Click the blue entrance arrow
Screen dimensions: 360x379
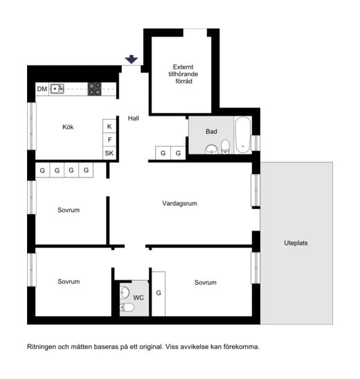point(132,59)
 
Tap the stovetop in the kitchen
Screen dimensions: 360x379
point(94,89)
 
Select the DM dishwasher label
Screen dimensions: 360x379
point(42,89)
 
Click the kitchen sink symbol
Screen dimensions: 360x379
point(57,89)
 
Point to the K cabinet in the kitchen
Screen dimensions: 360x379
point(109,126)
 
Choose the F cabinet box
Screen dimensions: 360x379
point(109,140)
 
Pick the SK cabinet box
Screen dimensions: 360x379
point(109,153)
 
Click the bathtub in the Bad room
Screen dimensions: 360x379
point(243,135)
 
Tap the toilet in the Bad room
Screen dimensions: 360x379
point(225,146)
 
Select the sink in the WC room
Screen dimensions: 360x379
point(125,292)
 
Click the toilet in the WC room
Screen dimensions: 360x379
point(127,308)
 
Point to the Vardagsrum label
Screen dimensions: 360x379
point(179,203)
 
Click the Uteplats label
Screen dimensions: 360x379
point(296,243)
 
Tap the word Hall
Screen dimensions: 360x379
point(134,118)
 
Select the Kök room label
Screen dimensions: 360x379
point(68,127)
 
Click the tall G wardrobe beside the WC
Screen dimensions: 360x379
point(159,294)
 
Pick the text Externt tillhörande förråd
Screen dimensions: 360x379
point(183,74)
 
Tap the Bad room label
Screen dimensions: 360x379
point(211,132)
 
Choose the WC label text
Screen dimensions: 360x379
point(138,297)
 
